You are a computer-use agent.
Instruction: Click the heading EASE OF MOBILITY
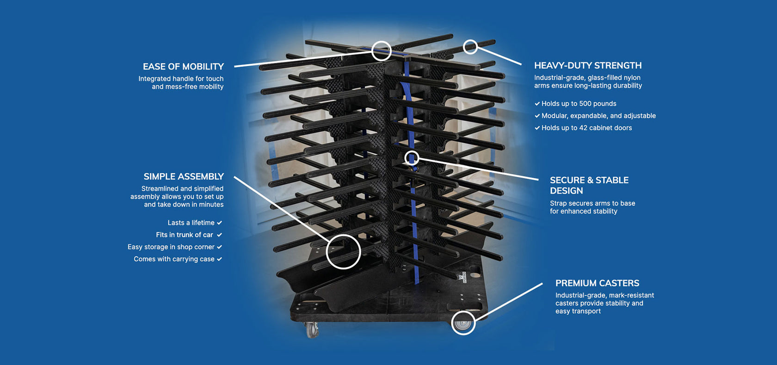click(183, 67)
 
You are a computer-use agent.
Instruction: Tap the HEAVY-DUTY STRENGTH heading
click(588, 66)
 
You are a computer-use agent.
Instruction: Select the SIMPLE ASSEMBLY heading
click(184, 176)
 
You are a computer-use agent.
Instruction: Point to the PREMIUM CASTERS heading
click(597, 283)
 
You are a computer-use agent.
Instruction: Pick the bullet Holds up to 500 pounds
click(579, 104)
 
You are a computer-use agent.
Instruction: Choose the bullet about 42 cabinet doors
click(586, 128)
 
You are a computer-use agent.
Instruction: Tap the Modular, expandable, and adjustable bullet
click(598, 116)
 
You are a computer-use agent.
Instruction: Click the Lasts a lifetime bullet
click(191, 223)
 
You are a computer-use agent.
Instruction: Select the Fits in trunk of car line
click(185, 235)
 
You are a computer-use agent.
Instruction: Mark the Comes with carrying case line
click(174, 259)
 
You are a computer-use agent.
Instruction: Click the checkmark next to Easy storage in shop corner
click(219, 247)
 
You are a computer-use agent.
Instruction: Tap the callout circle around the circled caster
click(463, 322)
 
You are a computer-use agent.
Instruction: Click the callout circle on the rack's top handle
click(382, 51)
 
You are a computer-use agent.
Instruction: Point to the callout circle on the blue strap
click(412, 158)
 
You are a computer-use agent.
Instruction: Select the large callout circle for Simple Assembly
click(343, 252)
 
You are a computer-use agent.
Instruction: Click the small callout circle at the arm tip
click(470, 47)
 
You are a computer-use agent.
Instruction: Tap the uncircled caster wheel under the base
click(312, 330)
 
